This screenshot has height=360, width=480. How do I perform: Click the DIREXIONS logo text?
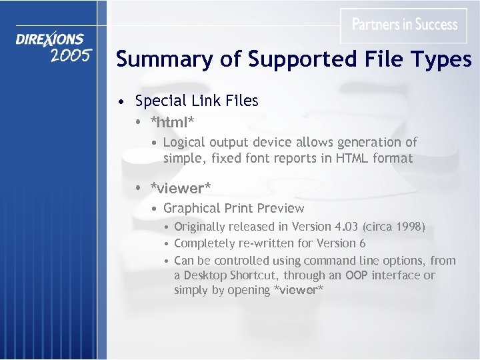point(50,39)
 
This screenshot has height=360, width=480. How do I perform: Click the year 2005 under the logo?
point(70,55)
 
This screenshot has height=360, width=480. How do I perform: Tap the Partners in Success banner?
point(404,25)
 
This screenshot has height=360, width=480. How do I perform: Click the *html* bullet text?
point(172,122)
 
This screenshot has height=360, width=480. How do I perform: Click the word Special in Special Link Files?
point(159,101)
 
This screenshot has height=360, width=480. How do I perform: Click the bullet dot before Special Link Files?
point(119,102)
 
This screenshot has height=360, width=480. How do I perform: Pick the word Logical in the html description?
point(185,142)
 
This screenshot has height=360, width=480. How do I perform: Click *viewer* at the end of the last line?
point(298,290)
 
